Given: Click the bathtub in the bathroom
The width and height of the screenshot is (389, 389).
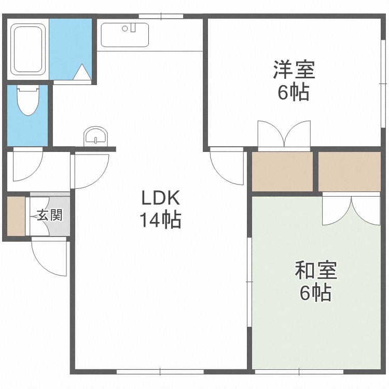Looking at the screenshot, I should tap(29, 50).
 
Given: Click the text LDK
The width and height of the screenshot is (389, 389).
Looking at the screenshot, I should tap(160, 198).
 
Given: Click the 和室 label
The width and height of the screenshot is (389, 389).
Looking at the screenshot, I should tap(316, 271).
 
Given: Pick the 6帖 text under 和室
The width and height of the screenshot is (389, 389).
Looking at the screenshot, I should tap(316, 294).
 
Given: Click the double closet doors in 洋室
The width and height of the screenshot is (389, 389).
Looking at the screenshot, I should tap(284, 135).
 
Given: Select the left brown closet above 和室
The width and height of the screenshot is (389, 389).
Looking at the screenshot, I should tap(282, 171).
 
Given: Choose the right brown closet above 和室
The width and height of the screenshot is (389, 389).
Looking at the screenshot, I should tap(349, 171).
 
